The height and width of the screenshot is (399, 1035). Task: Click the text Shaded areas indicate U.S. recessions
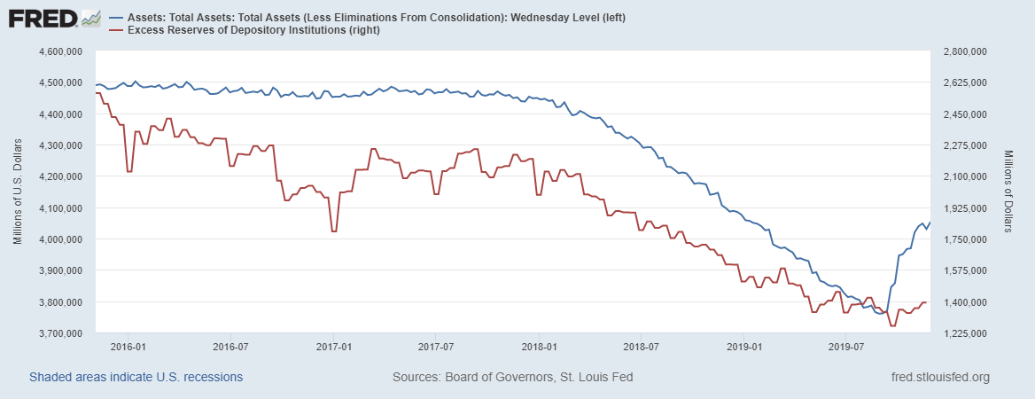[x=136, y=378]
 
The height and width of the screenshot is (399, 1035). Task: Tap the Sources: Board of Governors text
[x=512, y=378]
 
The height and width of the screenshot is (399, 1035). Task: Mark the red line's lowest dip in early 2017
[x=334, y=231]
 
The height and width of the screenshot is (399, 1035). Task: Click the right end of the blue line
[x=930, y=222]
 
